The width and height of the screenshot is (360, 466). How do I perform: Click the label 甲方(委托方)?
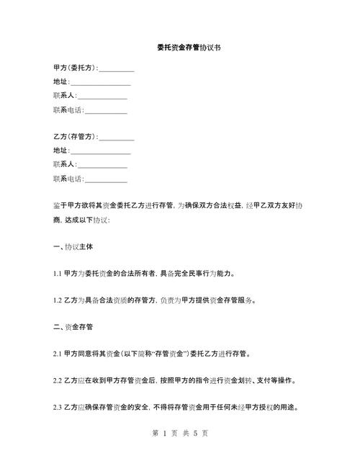coord(75,68)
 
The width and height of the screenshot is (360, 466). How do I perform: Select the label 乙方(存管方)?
coord(75,137)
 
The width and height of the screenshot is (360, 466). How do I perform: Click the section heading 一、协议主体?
coord(74,246)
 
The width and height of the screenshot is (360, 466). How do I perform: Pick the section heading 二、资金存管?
coord(74,326)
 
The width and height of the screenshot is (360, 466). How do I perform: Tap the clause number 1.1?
coord(58,274)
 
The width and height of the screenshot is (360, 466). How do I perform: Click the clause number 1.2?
coord(58,300)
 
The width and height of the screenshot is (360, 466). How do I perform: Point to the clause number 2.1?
coord(58,354)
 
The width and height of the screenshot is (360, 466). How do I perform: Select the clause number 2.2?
coord(58,380)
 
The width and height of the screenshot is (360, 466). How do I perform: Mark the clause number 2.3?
coord(58,407)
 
